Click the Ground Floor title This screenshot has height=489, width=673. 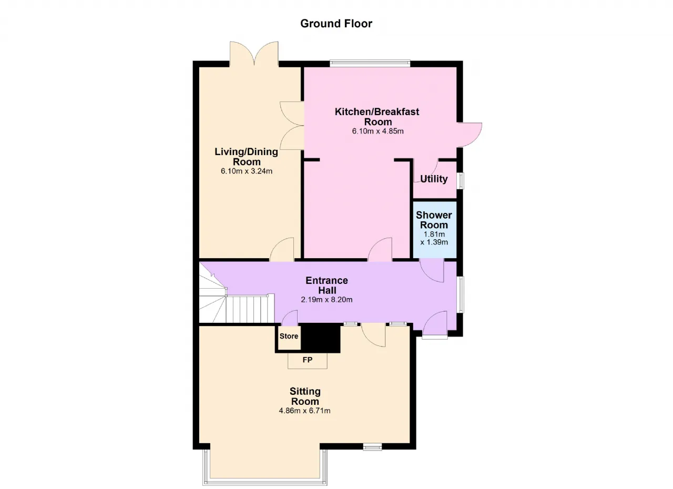tap(336, 24)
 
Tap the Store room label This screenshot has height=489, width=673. tap(289, 336)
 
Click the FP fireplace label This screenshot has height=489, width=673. tap(308, 360)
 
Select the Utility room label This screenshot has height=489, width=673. tap(434, 179)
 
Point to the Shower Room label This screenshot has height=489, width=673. tap(434, 220)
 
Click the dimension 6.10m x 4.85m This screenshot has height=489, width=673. tap(378, 131)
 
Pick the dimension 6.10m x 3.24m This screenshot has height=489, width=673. tap(247, 171)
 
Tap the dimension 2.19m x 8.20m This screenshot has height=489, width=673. tap(327, 300)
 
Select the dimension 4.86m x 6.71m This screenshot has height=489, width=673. tap(304, 411)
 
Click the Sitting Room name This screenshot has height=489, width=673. tap(305, 396)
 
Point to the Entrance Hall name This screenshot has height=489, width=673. tap(327, 286)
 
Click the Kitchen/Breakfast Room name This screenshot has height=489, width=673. tap(378, 117)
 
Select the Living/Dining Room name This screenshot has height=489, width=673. tap(247, 157)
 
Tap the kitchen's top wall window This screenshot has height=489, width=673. tap(370, 63)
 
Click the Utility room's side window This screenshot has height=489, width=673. tap(460, 180)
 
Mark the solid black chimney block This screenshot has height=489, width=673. tap(321, 338)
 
